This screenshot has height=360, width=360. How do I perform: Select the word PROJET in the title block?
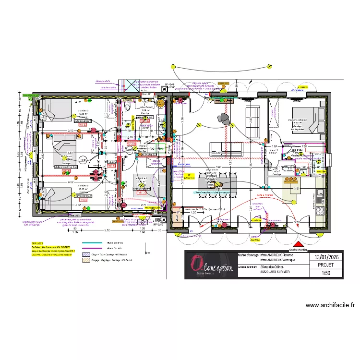[326, 264]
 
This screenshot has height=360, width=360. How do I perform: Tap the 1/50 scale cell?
[326, 274]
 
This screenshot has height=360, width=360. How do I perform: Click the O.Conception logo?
[211, 265]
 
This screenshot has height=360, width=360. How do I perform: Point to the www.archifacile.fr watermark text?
[330, 305]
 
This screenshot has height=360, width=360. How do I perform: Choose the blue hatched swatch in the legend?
[86, 254]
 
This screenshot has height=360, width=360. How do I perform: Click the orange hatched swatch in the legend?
[86, 260]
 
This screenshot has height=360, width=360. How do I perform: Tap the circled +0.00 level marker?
[83, 159]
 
